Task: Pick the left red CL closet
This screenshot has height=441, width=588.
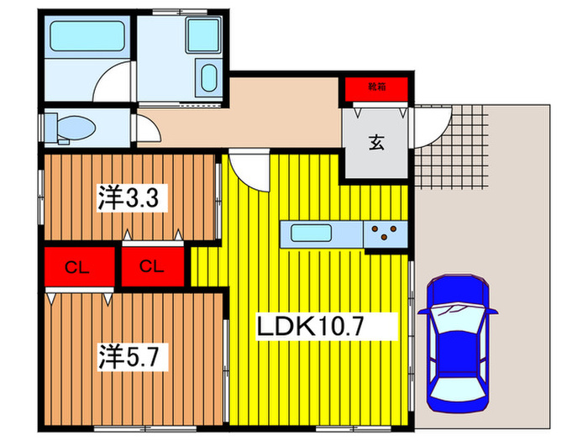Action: click(x=78, y=268)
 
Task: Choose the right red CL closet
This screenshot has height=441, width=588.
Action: click(x=152, y=267)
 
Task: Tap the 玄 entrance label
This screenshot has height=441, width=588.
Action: click(x=375, y=143)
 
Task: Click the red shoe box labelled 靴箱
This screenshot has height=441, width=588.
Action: click(x=375, y=87)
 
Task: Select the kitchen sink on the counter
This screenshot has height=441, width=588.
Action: click(x=313, y=232)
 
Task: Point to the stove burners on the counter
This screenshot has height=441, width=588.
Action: click(x=386, y=232)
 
